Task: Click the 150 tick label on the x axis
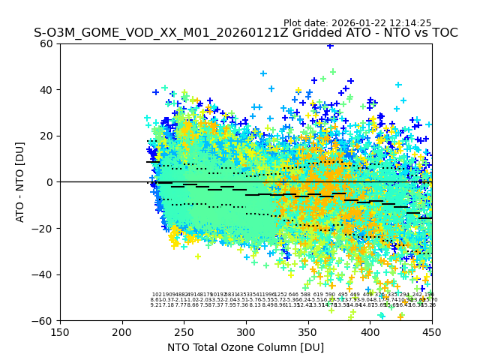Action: (60, 332)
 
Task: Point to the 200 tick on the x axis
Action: (122, 332)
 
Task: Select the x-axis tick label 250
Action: (184, 332)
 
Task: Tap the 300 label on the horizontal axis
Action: (246, 332)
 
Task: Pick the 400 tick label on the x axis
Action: (370, 332)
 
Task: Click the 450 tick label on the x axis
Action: (431, 332)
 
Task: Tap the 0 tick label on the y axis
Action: (51, 182)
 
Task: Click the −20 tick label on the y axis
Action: (45, 228)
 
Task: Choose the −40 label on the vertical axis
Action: (45, 274)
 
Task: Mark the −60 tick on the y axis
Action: (45, 320)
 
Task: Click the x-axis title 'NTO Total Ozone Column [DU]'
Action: (245, 347)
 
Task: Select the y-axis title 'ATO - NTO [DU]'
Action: (21, 182)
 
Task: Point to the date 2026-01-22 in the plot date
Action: (359, 23)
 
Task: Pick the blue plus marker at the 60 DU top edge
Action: (330, 45)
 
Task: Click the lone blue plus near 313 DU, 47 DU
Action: (263, 73)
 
